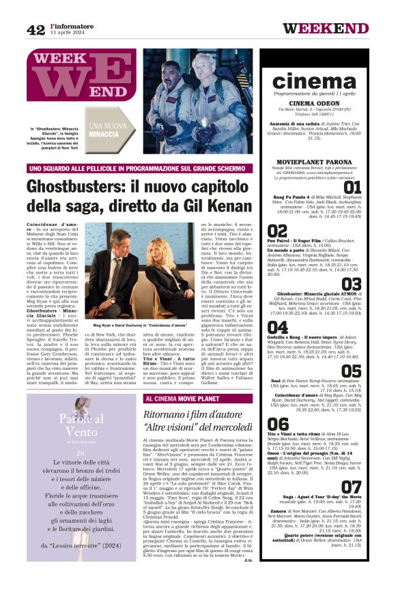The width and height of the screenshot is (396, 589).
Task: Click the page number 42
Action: [x=36, y=29]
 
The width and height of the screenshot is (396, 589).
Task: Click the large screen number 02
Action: [x=277, y=231]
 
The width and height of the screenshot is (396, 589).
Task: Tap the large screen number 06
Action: [x=277, y=424]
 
